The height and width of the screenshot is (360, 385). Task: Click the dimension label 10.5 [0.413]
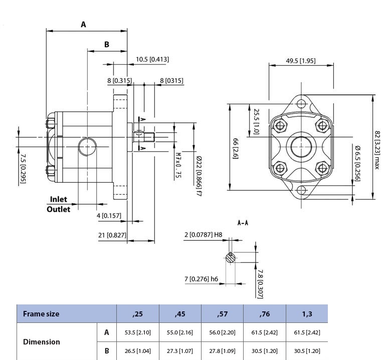pyautogui.click(x=152, y=59)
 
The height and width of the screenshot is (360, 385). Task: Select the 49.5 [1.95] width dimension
pyautogui.click(x=300, y=61)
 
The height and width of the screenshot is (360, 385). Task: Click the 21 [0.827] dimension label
pyautogui.click(x=112, y=235)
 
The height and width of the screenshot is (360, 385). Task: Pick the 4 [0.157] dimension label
pyautogui.click(x=109, y=215)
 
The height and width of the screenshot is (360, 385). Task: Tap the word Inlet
pyautogui.click(x=58, y=199)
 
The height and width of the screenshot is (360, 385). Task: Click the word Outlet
pyautogui.click(x=59, y=209)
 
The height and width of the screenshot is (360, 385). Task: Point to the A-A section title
pyautogui.click(x=243, y=223)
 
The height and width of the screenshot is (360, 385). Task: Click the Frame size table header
pyautogui.click(x=41, y=314)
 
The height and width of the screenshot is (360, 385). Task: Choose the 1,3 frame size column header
pyautogui.click(x=306, y=314)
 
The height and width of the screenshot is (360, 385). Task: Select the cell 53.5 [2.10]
pyautogui.click(x=137, y=332)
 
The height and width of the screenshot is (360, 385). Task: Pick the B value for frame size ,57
pyautogui.click(x=222, y=350)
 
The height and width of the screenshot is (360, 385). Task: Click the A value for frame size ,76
pyautogui.click(x=264, y=332)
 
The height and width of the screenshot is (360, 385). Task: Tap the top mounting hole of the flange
pyautogui.click(x=301, y=104)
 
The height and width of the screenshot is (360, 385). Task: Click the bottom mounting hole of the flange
pyautogui.click(x=301, y=190)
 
